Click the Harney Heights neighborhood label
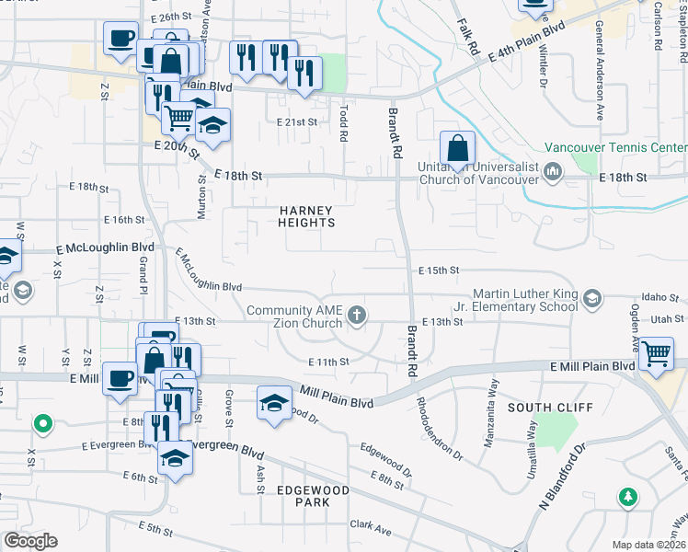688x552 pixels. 306,216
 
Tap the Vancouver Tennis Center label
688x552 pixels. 615,147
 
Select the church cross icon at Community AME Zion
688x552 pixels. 357,317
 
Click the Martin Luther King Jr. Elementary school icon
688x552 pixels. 593,298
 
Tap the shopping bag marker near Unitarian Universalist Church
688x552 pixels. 457,148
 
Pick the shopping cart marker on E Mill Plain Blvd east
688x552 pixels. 656,353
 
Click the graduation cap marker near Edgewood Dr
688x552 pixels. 274,404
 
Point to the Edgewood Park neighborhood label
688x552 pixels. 314,497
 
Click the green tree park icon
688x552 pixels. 628,498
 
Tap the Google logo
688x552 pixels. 30,541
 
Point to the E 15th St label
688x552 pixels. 438,270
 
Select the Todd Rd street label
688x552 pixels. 343,121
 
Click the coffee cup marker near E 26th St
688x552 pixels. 120,40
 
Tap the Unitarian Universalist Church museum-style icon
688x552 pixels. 553,170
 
